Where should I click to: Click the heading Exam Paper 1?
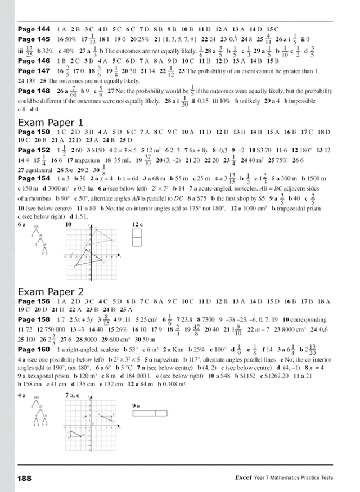click(x=51, y=121)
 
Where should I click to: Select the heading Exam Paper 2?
click(x=51, y=291)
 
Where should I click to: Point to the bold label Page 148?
click(x=34, y=90)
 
